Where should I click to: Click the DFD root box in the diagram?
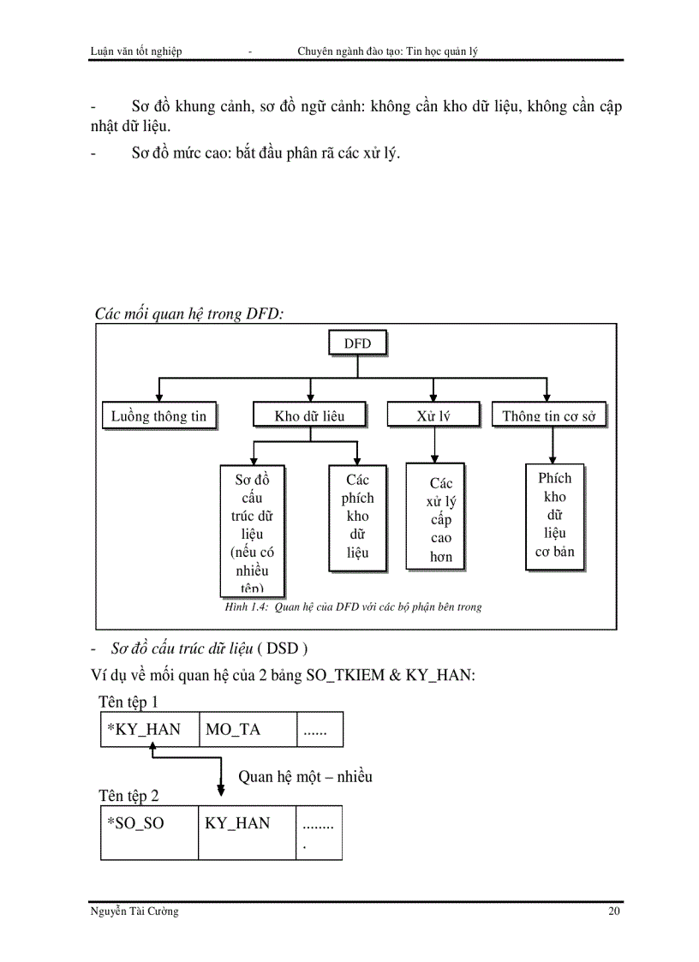pyautogui.click(x=357, y=344)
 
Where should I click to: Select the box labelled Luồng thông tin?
pyautogui.click(x=159, y=415)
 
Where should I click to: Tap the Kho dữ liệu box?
pyautogui.click(x=309, y=415)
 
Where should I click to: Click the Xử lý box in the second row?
pyautogui.click(x=433, y=415)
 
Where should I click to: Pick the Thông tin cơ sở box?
pyautogui.click(x=553, y=415)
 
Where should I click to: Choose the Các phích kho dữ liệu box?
pyautogui.click(x=357, y=517)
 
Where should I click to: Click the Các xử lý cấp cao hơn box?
pyautogui.click(x=440, y=520)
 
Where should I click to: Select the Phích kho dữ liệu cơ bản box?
pyautogui.click(x=554, y=516)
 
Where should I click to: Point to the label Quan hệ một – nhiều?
pyautogui.click(x=305, y=777)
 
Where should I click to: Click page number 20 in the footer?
pyautogui.click(x=613, y=911)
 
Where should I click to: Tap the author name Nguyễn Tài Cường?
pyautogui.click(x=134, y=911)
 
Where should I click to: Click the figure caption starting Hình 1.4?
pyautogui.click(x=352, y=606)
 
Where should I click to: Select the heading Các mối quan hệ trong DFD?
pyautogui.click(x=189, y=314)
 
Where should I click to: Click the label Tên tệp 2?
pyautogui.click(x=128, y=796)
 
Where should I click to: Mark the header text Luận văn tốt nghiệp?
pyautogui.click(x=135, y=51)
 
